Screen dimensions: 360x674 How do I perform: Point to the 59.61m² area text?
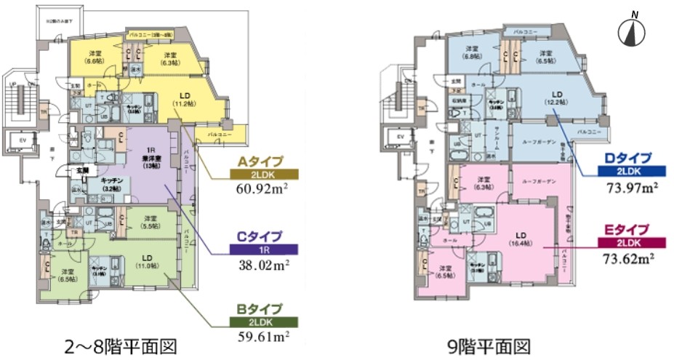(x=257, y=336)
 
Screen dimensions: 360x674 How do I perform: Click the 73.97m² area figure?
(x=628, y=187)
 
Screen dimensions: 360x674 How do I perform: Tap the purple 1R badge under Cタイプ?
(x=258, y=249)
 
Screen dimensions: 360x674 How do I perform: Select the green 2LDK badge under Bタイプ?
(x=258, y=321)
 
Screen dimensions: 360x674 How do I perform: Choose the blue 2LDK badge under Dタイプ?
(x=628, y=172)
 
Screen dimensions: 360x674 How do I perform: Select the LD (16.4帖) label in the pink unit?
(x=521, y=239)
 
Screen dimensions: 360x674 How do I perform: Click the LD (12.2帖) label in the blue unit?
(x=558, y=99)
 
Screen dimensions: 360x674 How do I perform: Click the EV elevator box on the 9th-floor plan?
(x=399, y=136)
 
